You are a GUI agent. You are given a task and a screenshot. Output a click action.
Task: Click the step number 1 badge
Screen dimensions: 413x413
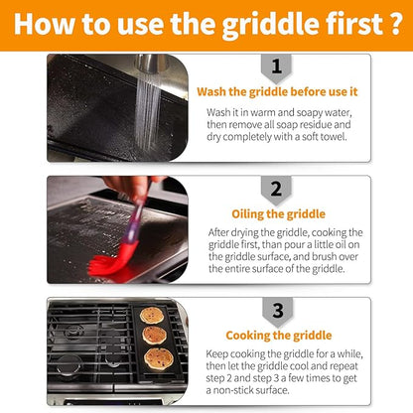[x=276, y=68]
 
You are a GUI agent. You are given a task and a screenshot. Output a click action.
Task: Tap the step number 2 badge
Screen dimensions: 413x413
[x=276, y=191]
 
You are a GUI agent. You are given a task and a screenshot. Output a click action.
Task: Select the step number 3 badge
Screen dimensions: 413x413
[x=278, y=312]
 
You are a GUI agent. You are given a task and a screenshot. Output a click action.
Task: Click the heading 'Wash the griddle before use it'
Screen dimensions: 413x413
[x=277, y=92]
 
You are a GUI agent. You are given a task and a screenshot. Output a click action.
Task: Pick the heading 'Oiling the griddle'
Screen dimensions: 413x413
[x=278, y=214]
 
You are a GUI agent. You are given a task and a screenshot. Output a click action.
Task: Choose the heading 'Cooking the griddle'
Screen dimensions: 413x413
[x=279, y=336]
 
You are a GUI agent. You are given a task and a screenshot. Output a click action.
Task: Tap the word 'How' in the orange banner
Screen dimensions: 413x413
[x=45, y=24]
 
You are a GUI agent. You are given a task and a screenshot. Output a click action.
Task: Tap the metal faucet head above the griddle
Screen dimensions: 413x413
[x=151, y=63]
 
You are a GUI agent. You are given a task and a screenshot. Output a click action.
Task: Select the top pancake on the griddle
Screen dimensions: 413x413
[x=152, y=316]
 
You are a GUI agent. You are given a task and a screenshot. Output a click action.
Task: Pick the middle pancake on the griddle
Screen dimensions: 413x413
[x=154, y=336]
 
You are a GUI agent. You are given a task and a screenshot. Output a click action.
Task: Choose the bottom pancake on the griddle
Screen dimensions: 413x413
[x=159, y=358]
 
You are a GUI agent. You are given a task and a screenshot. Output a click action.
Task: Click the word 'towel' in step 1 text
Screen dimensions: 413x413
[x=334, y=137]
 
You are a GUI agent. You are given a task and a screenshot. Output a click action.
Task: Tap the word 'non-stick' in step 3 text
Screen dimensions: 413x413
[x=238, y=390]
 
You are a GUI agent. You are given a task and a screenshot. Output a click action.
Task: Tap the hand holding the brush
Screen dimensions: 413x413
[x=131, y=188]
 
